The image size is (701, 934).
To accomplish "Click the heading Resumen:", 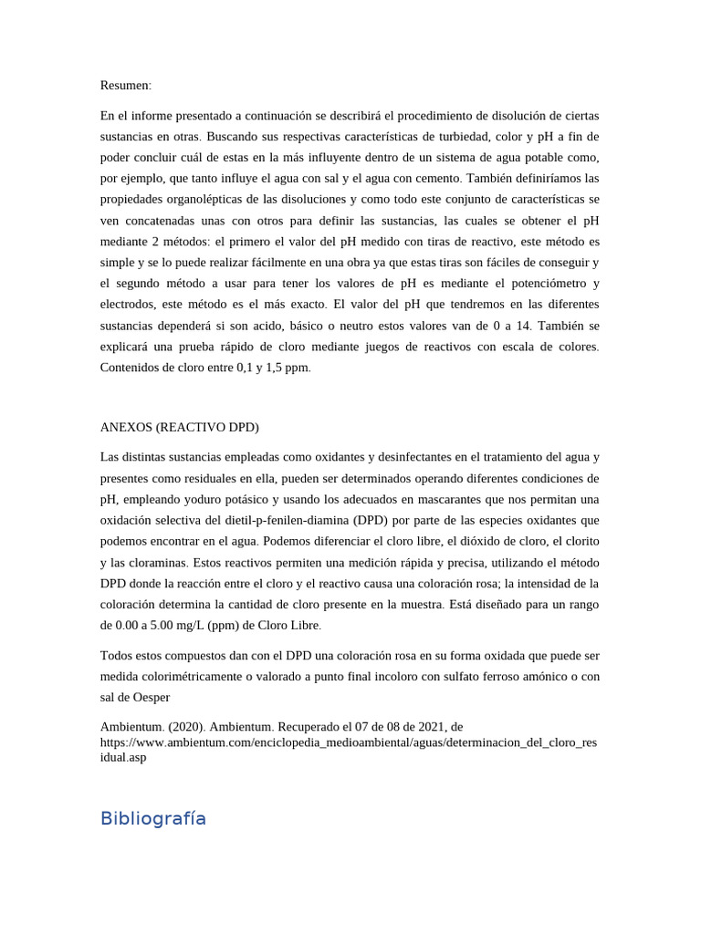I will (126, 85).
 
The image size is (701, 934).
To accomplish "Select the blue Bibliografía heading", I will (152, 818).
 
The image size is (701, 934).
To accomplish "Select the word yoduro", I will (207, 499).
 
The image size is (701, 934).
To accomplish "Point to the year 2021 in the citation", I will (421, 726).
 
